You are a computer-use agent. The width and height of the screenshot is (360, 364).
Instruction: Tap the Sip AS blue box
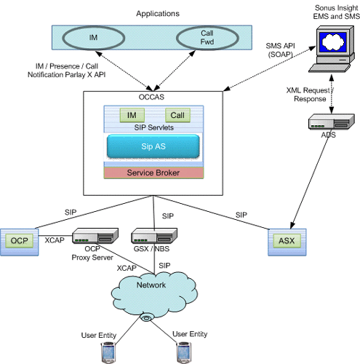click(153, 146)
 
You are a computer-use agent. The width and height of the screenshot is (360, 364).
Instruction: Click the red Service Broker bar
click(153, 173)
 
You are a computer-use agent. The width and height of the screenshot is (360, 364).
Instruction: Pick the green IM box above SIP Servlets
click(132, 115)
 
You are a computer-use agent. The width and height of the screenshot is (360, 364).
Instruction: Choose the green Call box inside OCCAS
click(177, 115)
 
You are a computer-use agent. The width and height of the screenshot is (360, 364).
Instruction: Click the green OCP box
click(20, 241)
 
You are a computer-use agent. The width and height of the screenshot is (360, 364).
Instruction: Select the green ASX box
click(287, 241)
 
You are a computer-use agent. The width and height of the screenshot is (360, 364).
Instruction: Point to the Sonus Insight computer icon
click(332, 49)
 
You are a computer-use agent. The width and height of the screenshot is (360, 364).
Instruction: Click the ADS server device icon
click(332, 122)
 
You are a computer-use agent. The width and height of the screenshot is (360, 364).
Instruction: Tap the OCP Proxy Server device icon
click(95, 236)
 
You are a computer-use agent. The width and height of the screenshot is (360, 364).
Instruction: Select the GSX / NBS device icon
click(154, 236)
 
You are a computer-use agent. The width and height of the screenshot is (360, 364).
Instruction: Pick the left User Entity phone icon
click(108, 352)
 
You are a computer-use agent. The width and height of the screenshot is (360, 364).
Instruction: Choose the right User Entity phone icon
click(184, 352)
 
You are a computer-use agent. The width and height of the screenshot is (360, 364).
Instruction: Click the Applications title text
click(158, 14)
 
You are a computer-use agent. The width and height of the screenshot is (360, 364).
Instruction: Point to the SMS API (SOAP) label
click(281, 50)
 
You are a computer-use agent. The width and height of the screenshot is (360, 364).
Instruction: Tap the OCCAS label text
click(151, 97)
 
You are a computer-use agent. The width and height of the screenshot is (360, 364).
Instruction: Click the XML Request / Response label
click(310, 95)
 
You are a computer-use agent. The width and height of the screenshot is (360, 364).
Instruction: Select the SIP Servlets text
click(154, 127)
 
